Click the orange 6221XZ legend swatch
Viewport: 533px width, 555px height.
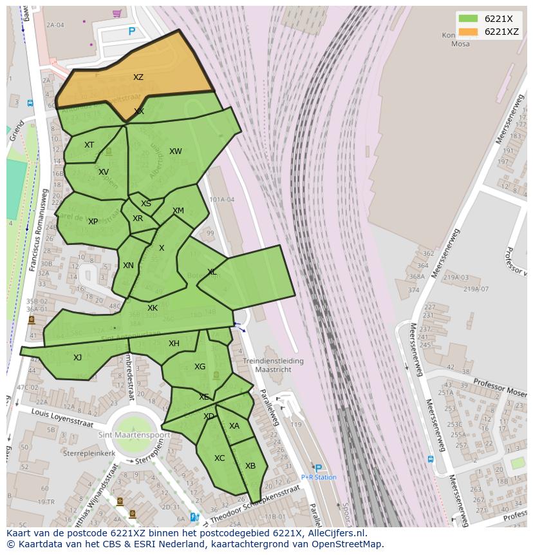(x=469, y=32)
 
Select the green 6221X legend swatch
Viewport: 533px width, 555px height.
(x=469, y=19)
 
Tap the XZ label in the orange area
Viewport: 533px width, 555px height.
(x=138, y=77)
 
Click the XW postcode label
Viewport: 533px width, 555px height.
(x=175, y=151)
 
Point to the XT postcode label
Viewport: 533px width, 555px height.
(x=89, y=145)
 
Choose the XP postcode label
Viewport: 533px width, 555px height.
(x=93, y=222)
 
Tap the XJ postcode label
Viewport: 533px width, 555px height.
(x=77, y=358)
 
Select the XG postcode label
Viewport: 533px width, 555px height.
(x=200, y=367)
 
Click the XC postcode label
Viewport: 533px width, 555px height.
(x=220, y=458)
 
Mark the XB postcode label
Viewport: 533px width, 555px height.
(x=250, y=466)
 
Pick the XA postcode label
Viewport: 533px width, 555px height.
(x=234, y=426)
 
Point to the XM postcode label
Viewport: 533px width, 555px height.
(x=178, y=211)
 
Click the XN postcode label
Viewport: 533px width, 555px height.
(x=128, y=266)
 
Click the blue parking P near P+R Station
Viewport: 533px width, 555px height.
(x=318, y=468)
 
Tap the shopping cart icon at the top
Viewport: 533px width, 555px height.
(x=117, y=14)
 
